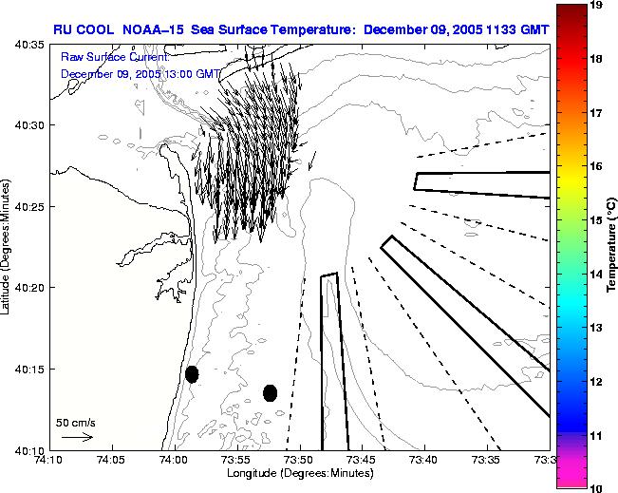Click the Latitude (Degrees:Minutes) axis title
(8, 247)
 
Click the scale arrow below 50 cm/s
(76, 437)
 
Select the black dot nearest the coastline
(192, 374)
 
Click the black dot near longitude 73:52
(270, 392)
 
